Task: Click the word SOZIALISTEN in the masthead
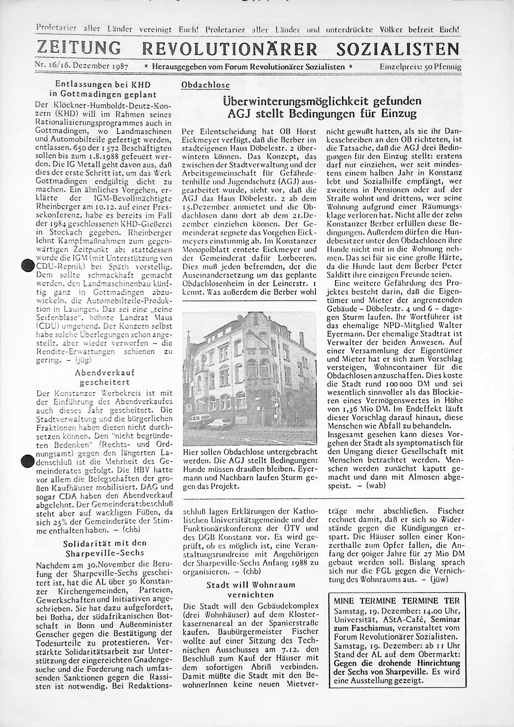(x=398, y=49)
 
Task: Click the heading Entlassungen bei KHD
(x=103, y=84)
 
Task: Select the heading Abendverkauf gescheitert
(x=105, y=377)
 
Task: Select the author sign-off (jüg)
(x=83, y=360)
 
